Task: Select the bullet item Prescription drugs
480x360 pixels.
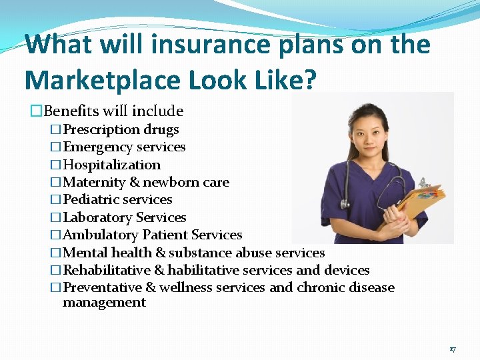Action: click(x=121, y=129)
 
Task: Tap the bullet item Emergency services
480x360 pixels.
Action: click(x=124, y=147)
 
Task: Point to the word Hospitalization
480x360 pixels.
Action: click(x=111, y=165)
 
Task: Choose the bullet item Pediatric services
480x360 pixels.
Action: click(x=117, y=199)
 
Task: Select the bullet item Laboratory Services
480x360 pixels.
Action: click(x=124, y=217)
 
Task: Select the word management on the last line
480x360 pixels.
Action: click(x=104, y=303)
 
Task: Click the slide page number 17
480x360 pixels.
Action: click(x=452, y=349)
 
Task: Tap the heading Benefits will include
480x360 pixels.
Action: click(x=113, y=111)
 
